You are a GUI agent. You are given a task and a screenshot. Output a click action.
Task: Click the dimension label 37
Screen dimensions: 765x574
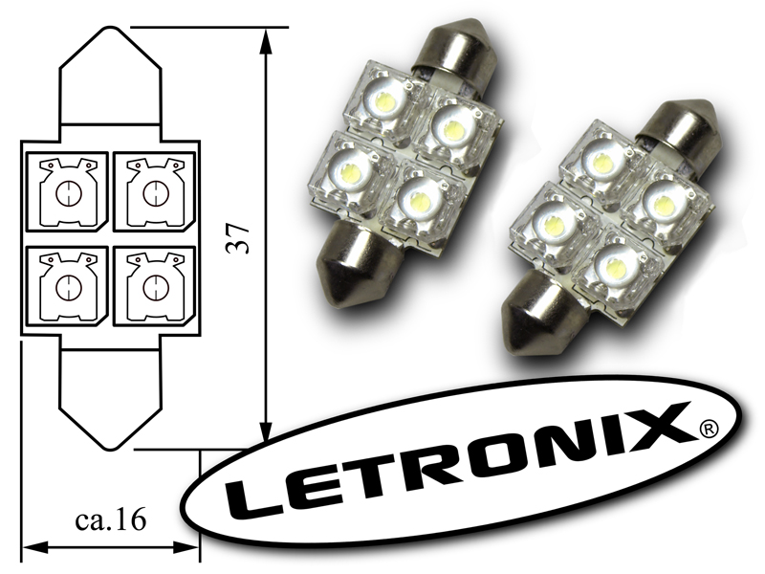239,238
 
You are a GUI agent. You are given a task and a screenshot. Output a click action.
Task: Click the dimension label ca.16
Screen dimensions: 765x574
111,520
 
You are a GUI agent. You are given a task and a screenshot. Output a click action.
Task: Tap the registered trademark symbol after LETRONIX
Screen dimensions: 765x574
709,428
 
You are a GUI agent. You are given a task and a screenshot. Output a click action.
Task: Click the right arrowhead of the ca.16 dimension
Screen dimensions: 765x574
186,546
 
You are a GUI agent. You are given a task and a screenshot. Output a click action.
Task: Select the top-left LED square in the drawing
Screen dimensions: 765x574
67,192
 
